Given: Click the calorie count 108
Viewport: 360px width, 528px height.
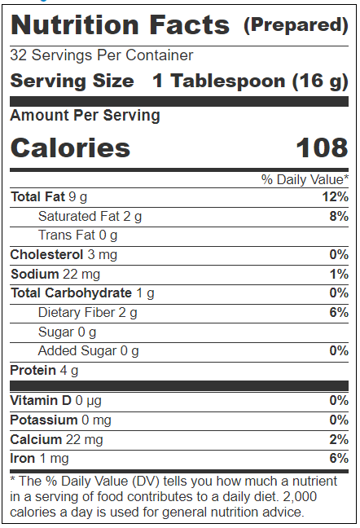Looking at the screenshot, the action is [x=322, y=147].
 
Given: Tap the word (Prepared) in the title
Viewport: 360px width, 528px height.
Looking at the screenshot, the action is [x=296, y=25].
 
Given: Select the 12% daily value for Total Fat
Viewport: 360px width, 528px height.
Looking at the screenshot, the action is [x=336, y=196].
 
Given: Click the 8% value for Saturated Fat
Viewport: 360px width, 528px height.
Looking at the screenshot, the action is [x=339, y=216].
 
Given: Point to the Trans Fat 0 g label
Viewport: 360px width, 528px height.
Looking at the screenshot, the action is [x=77, y=235].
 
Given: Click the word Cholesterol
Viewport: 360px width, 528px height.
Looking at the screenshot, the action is [x=46, y=254].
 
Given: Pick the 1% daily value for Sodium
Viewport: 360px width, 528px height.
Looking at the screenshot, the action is [x=339, y=274].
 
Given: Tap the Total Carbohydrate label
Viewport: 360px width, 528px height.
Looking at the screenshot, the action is [x=71, y=293].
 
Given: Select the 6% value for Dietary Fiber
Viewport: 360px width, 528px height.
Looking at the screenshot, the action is [x=339, y=313].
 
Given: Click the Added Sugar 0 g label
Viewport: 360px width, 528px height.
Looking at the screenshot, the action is [x=89, y=351].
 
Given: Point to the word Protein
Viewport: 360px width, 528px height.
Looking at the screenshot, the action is [x=33, y=370].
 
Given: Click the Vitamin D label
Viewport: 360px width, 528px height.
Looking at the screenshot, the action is [x=41, y=400].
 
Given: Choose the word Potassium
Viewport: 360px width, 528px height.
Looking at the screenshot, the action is [x=44, y=420].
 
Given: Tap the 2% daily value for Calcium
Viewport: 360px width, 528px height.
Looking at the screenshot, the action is [x=339, y=439].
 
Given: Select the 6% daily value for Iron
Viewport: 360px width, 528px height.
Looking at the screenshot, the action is [x=339, y=458].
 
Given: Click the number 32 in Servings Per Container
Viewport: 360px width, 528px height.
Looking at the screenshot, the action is [x=18, y=55].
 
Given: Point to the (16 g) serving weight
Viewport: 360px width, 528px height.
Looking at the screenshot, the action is [x=320, y=81].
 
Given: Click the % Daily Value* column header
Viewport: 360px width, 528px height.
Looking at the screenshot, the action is [x=305, y=179].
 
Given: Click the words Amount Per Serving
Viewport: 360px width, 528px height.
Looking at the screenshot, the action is [x=86, y=116].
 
